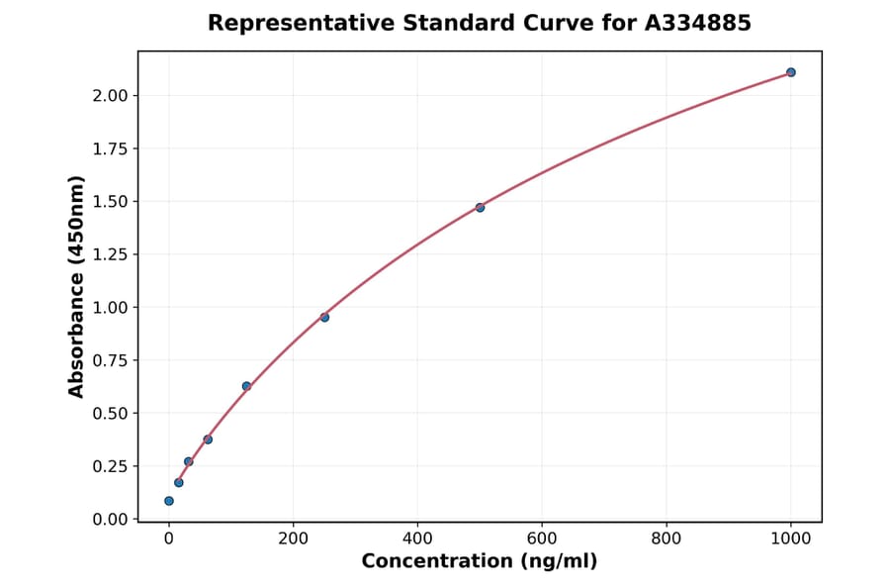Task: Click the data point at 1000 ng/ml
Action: click(x=790, y=72)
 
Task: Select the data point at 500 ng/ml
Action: click(x=480, y=207)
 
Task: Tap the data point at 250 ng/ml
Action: click(x=324, y=317)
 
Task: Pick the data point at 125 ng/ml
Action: click(x=246, y=386)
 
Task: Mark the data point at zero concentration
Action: click(x=169, y=501)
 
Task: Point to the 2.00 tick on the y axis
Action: click(x=111, y=96)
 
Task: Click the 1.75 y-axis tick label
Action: click(x=111, y=148)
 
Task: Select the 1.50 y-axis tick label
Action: click(x=111, y=202)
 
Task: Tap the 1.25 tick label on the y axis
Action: click(x=111, y=254)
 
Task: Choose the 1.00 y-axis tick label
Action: click(x=111, y=308)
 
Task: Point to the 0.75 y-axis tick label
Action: click(x=111, y=360)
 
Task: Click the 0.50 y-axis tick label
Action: click(x=111, y=414)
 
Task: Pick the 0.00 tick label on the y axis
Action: click(x=111, y=520)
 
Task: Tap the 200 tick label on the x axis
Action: click(x=293, y=539)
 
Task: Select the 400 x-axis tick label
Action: click(x=417, y=539)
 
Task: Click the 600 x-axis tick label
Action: click(x=542, y=539)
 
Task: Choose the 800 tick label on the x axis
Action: click(x=667, y=539)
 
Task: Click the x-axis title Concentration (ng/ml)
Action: click(x=480, y=562)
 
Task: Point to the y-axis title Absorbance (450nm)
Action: click(x=77, y=286)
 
